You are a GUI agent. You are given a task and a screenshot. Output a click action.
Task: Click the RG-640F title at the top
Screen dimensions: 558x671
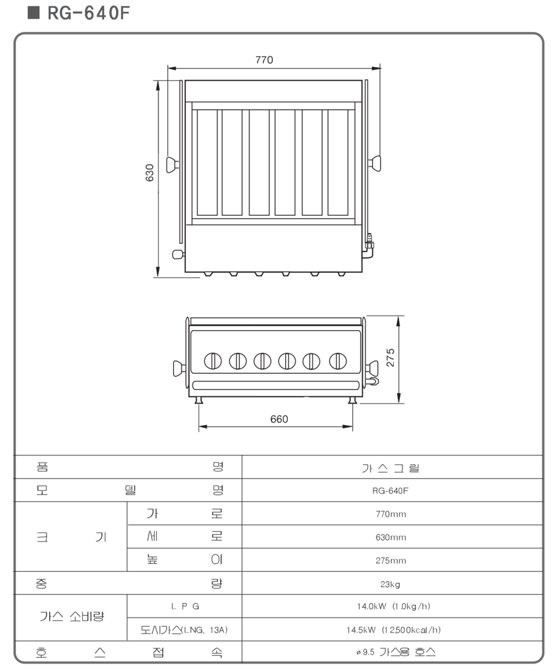point(88,13)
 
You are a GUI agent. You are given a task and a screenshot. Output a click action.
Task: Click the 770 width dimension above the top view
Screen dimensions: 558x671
point(264,60)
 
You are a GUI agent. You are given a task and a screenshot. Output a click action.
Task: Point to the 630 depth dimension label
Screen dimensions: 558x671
point(150,173)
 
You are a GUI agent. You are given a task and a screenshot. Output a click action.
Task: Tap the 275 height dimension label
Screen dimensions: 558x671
point(390,358)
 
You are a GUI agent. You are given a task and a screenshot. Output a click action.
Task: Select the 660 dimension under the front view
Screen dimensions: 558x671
point(279,419)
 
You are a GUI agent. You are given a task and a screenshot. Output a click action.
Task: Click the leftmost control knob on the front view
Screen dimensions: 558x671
point(213,361)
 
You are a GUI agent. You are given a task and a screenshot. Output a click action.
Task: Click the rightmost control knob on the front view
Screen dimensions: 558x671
point(338,361)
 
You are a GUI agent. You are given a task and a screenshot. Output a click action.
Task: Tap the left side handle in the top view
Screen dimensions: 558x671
point(172,165)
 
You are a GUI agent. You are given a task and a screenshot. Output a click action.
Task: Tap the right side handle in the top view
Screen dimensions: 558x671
point(374,163)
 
